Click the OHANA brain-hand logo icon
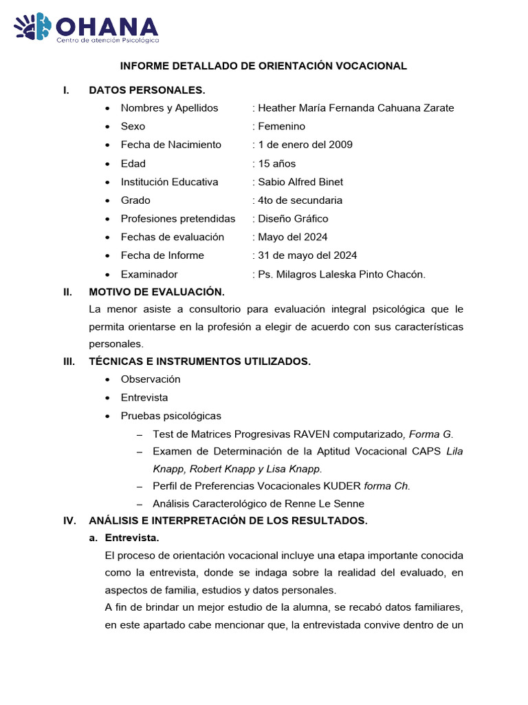coord(33,27)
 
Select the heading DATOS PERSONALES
coord(147,90)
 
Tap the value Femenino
coord(281,127)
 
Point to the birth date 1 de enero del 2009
coord(305,145)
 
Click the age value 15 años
coord(276,164)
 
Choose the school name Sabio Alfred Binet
coord(300,182)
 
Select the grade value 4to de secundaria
coord(300,200)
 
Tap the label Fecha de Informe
coord(162,255)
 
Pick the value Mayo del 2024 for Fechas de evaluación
coord(292,237)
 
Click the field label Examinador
coord(149,274)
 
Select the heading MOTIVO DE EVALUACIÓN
coord(157,292)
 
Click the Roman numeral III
coord(68,361)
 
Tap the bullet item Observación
coord(151,379)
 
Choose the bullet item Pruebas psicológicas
coord(171,416)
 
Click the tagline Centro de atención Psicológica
coord(107,41)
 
